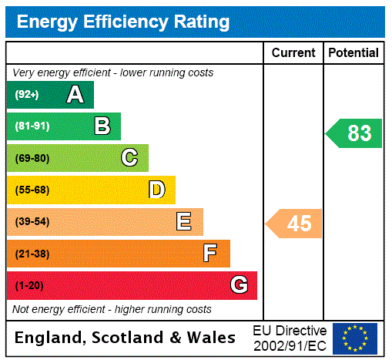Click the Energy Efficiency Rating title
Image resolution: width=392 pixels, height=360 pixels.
click(x=123, y=22)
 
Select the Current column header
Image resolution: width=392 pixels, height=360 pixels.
click(x=293, y=53)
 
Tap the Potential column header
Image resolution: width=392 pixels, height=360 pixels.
click(x=353, y=53)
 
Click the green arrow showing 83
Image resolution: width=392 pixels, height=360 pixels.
click(x=355, y=133)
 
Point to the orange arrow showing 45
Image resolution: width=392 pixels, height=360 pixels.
click(x=295, y=224)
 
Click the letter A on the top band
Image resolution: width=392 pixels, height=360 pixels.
click(x=75, y=95)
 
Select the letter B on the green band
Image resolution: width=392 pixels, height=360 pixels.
click(x=102, y=126)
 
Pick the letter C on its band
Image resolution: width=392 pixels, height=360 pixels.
click(x=129, y=158)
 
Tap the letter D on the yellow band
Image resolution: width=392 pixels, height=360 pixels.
click(x=156, y=190)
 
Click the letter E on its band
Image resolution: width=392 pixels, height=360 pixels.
click(x=184, y=222)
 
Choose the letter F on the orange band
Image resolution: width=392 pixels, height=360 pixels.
click(x=210, y=254)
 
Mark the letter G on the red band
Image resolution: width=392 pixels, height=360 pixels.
click(x=240, y=285)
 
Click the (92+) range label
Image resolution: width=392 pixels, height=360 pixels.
click(x=27, y=95)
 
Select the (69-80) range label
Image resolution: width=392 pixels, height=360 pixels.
click(x=32, y=158)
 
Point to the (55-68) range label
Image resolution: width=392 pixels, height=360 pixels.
click(x=32, y=190)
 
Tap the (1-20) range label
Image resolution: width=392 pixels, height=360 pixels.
click(x=29, y=286)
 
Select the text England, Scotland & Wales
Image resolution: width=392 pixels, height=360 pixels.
click(x=126, y=338)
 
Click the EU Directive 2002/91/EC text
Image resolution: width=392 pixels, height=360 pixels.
click(x=290, y=338)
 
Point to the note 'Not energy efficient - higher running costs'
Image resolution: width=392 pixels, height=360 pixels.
click(x=112, y=310)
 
